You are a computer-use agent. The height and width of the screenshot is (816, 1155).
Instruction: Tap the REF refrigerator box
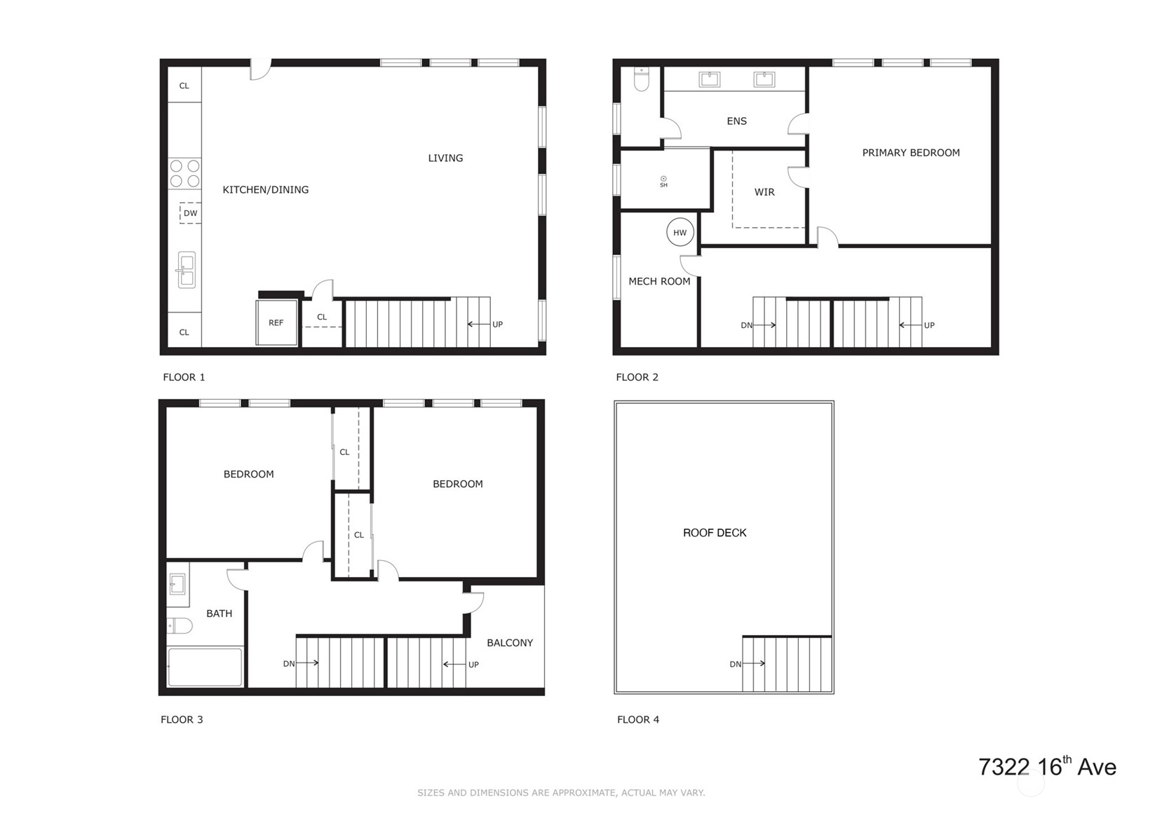pyautogui.click(x=277, y=322)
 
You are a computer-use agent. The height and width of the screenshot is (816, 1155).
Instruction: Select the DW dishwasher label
pyautogui.click(x=190, y=213)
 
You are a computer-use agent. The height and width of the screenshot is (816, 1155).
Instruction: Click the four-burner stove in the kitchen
pyautogui.click(x=184, y=173)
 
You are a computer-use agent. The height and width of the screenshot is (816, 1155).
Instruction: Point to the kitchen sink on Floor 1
pyautogui.click(x=186, y=270)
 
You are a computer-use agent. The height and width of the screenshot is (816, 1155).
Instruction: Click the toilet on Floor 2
pyautogui.click(x=642, y=79)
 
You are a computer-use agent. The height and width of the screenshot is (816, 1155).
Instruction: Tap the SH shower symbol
pyautogui.click(x=663, y=182)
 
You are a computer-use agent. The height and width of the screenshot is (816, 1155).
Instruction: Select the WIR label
pyautogui.click(x=764, y=192)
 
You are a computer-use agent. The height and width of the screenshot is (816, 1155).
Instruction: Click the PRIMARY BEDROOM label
pyautogui.click(x=911, y=153)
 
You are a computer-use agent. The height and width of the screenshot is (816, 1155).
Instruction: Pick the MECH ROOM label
pyautogui.click(x=659, y=281)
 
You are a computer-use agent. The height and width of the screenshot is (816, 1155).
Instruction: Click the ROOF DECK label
pyautogui.click(x=715, y=533)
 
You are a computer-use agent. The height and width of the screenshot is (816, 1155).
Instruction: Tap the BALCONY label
pyautogui.click(x=510, y=643)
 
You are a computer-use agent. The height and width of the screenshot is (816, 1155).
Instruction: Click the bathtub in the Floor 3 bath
pyautogui.click(x=205, y=667)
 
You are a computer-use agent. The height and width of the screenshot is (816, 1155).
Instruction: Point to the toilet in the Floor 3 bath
pyautogui.click(x=180, y=626)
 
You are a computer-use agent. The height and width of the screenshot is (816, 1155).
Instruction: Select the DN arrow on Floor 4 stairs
pyautogui.click(x=753, y=663)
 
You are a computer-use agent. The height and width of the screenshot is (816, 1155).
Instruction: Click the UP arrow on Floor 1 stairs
pyautogui.click(x=478, y=325)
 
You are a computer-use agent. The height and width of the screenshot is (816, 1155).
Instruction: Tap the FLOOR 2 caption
pyautogui.click(x=637, y=377)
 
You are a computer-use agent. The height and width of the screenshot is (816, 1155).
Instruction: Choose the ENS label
pyautogui.click(x=736, y=121)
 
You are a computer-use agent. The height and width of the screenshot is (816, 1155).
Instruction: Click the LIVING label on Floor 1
pyautogui.click(x=445, y=158)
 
